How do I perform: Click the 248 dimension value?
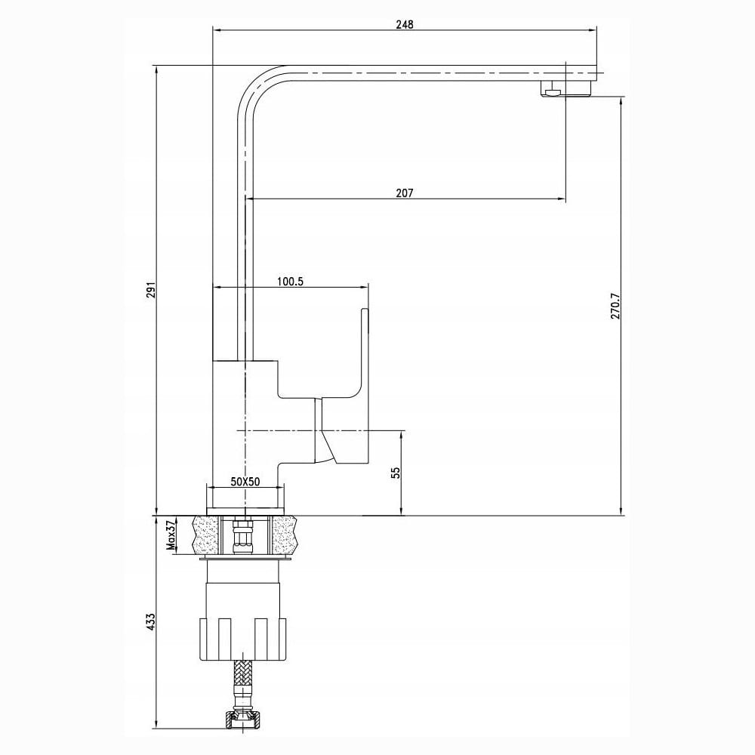click(x=405, y=25)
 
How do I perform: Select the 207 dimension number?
click(x=405, y=193)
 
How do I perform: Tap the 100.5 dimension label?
click(x=291, y=282)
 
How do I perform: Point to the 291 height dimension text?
click(x=152, y=290)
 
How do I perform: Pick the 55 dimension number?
click(x=396, y=473)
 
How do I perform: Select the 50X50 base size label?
click(x=245, y=482)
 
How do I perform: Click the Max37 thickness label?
click(x=170, y=535)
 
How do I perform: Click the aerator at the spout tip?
click(x=553, y=89)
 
